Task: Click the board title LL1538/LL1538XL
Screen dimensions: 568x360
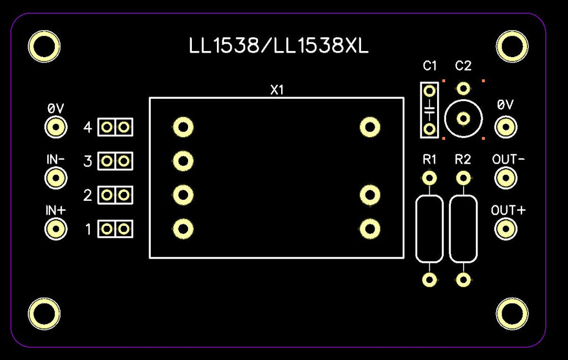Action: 278,46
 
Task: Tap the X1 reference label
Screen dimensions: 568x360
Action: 277,90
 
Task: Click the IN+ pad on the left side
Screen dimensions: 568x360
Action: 56,229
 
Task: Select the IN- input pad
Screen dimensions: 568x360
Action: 56,178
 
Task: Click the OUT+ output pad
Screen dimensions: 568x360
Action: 506,229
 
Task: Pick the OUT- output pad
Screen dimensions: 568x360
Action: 506,178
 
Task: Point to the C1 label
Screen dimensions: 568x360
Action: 430,66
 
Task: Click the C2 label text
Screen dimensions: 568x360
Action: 463,66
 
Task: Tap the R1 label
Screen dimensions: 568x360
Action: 430,159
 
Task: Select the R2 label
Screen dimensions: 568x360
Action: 463,159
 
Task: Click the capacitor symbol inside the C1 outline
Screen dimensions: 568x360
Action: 430,110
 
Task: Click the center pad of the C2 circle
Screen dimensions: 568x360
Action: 463,119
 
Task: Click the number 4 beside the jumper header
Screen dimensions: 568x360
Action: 88,127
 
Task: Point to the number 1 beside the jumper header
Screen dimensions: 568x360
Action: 88,229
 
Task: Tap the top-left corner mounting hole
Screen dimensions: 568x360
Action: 44,47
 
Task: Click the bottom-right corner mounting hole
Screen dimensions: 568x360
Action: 512,313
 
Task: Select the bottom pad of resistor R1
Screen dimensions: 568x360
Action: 430,280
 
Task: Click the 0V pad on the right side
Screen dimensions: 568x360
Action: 506,127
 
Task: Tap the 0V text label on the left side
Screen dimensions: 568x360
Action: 56,108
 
